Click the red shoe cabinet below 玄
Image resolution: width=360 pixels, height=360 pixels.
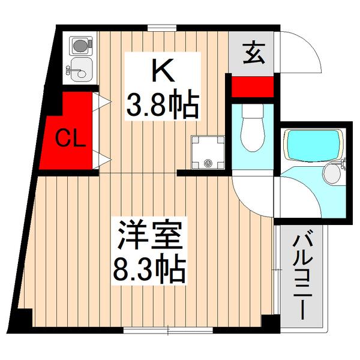251,86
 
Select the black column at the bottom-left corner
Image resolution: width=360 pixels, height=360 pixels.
22,321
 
